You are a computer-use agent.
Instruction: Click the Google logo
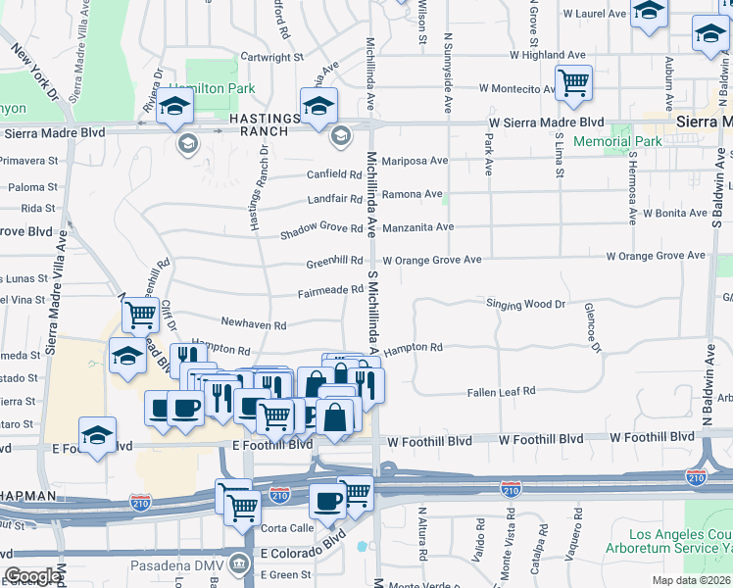pyautogui.click(x=32, y=576)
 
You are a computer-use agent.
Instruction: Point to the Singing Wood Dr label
pyautogui.click(x=526, y=304)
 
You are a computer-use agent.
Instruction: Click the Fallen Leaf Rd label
pyautogui.click(x=501, y=390)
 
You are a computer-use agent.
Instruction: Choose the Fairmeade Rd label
pyautogui.click(x=331, y=291)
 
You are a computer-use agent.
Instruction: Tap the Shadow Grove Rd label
pyautogui.click(x=321, y=231)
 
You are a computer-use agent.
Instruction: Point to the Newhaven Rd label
pyautogui.click(x=253, y=323)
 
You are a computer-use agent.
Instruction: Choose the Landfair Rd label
pyautogui.click(x=334, y=198)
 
